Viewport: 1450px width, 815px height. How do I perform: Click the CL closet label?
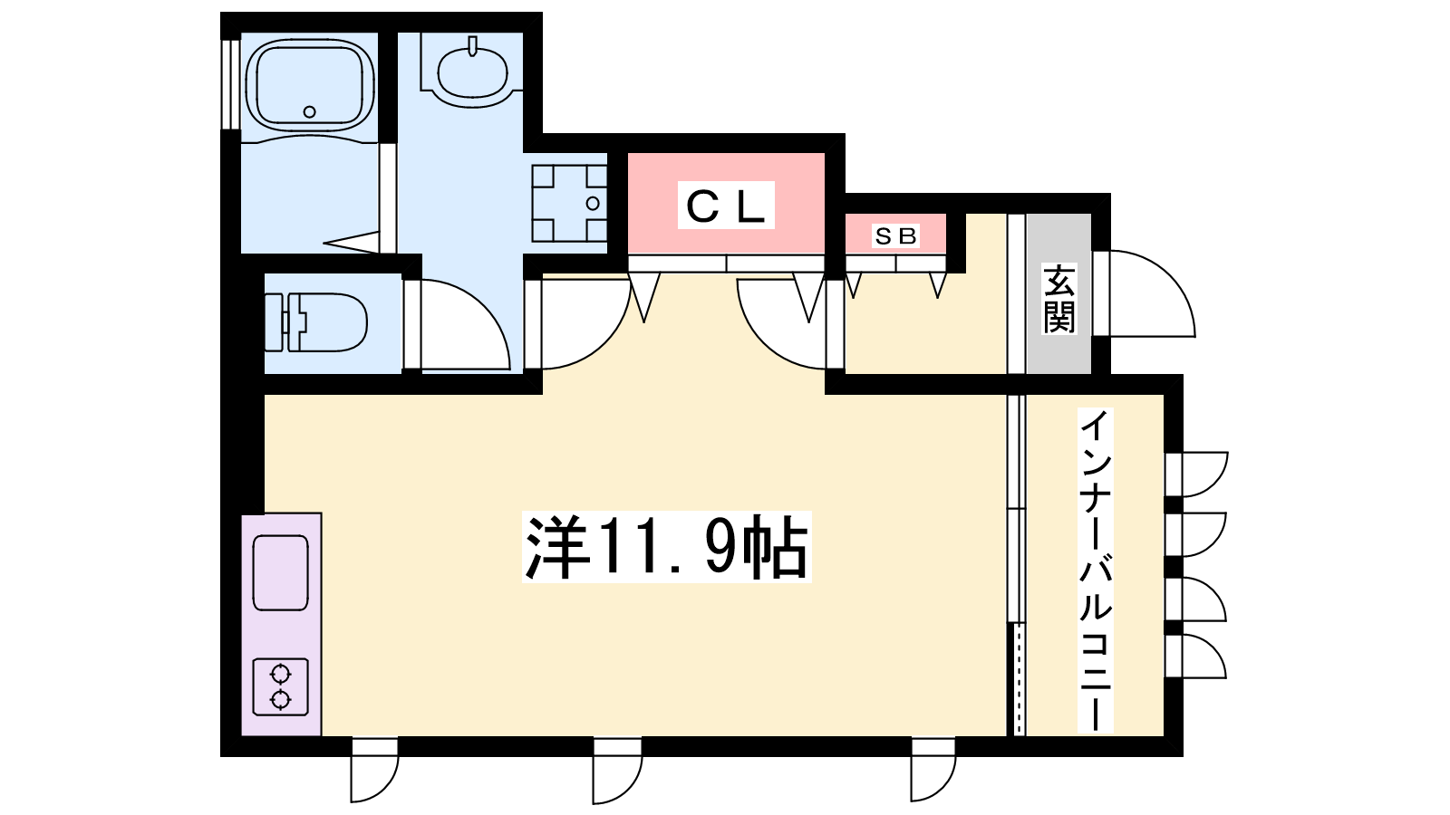(726, 205)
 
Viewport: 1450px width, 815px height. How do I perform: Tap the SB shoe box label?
(896, 236)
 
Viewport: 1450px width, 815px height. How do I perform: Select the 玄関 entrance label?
(1059, 298)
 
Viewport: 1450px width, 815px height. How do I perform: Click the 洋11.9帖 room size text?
(667, 547)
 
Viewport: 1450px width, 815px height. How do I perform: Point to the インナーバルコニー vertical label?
(1096, 570)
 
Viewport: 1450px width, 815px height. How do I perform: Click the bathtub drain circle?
(309, 112)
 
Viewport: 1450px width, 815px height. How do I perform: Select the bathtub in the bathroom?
(309, 84)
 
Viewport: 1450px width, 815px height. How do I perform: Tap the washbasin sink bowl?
(472, 73)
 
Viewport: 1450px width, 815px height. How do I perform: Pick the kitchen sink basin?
(280, 573)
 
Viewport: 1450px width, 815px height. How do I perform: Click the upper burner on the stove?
(280, 675)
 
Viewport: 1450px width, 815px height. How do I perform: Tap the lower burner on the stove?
(280, 699)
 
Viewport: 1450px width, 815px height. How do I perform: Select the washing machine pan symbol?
(569, 203)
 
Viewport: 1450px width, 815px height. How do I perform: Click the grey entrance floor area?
(1059, 293)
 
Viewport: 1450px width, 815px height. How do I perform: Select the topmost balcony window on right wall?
(1196, 475)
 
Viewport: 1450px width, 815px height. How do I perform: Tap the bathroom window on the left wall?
(230, 85)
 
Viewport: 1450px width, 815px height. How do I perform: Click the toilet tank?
(275, 322)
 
